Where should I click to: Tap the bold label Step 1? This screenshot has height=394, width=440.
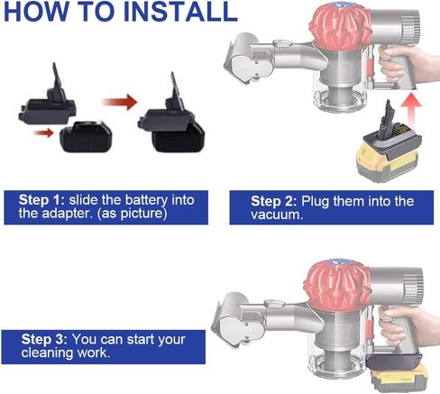[44, 197]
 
